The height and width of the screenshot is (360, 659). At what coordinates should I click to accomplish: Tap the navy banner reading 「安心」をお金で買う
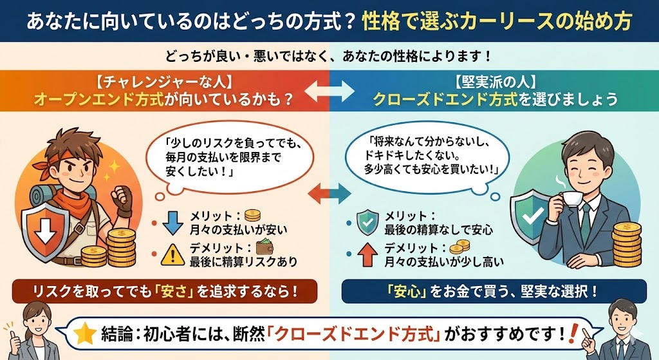(494, 291)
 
